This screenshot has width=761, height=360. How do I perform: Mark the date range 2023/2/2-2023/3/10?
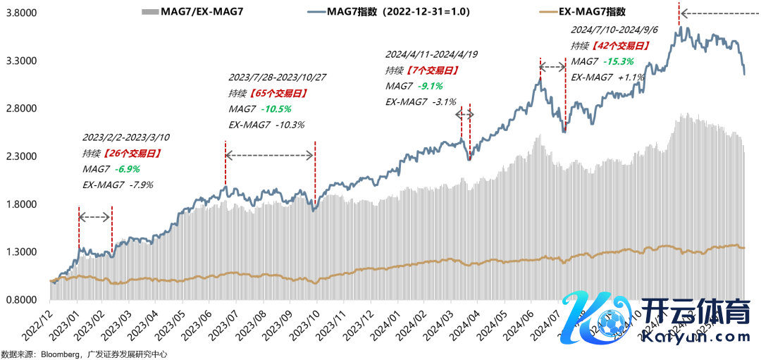coord(127,137)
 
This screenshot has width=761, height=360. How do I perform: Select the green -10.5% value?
coord(276,109)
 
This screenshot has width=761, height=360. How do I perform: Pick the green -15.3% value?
coord(619,61)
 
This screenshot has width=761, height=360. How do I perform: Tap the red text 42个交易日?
coord(619,45)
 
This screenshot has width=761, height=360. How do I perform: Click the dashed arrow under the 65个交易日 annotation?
coord(269,155)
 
